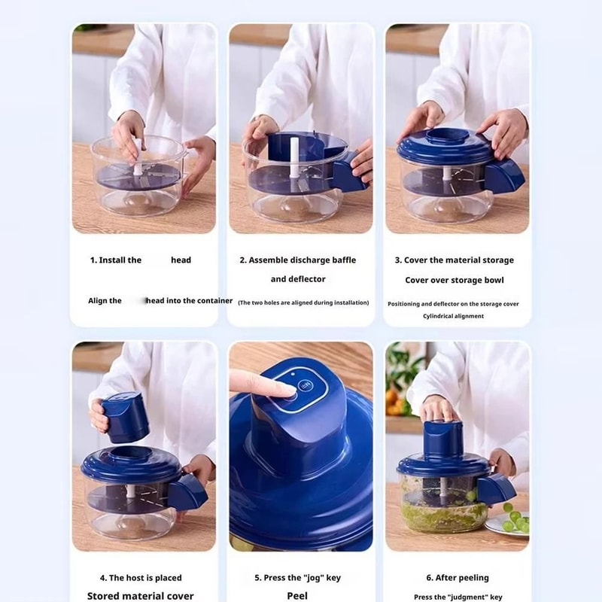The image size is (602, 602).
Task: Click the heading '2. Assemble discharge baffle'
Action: point(297,260)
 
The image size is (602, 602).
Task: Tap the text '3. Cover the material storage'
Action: point(455,260)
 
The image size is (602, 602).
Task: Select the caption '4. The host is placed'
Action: point(141,578)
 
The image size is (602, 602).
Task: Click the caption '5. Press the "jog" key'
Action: point(297,578)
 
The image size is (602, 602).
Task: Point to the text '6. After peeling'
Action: point(457,578)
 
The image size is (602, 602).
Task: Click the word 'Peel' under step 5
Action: point(297,595)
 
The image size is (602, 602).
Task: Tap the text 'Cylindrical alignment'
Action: point(453,316)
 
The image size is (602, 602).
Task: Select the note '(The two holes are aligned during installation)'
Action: point(303,303)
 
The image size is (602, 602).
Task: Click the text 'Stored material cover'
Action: point(141,596)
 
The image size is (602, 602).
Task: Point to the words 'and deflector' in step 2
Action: point(298,279)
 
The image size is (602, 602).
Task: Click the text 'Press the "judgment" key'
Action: point(458,597)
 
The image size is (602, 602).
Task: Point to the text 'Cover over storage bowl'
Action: point(455,280)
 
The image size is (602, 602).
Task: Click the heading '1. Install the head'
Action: point(141,260)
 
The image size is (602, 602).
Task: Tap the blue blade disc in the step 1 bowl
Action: point(139,177)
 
